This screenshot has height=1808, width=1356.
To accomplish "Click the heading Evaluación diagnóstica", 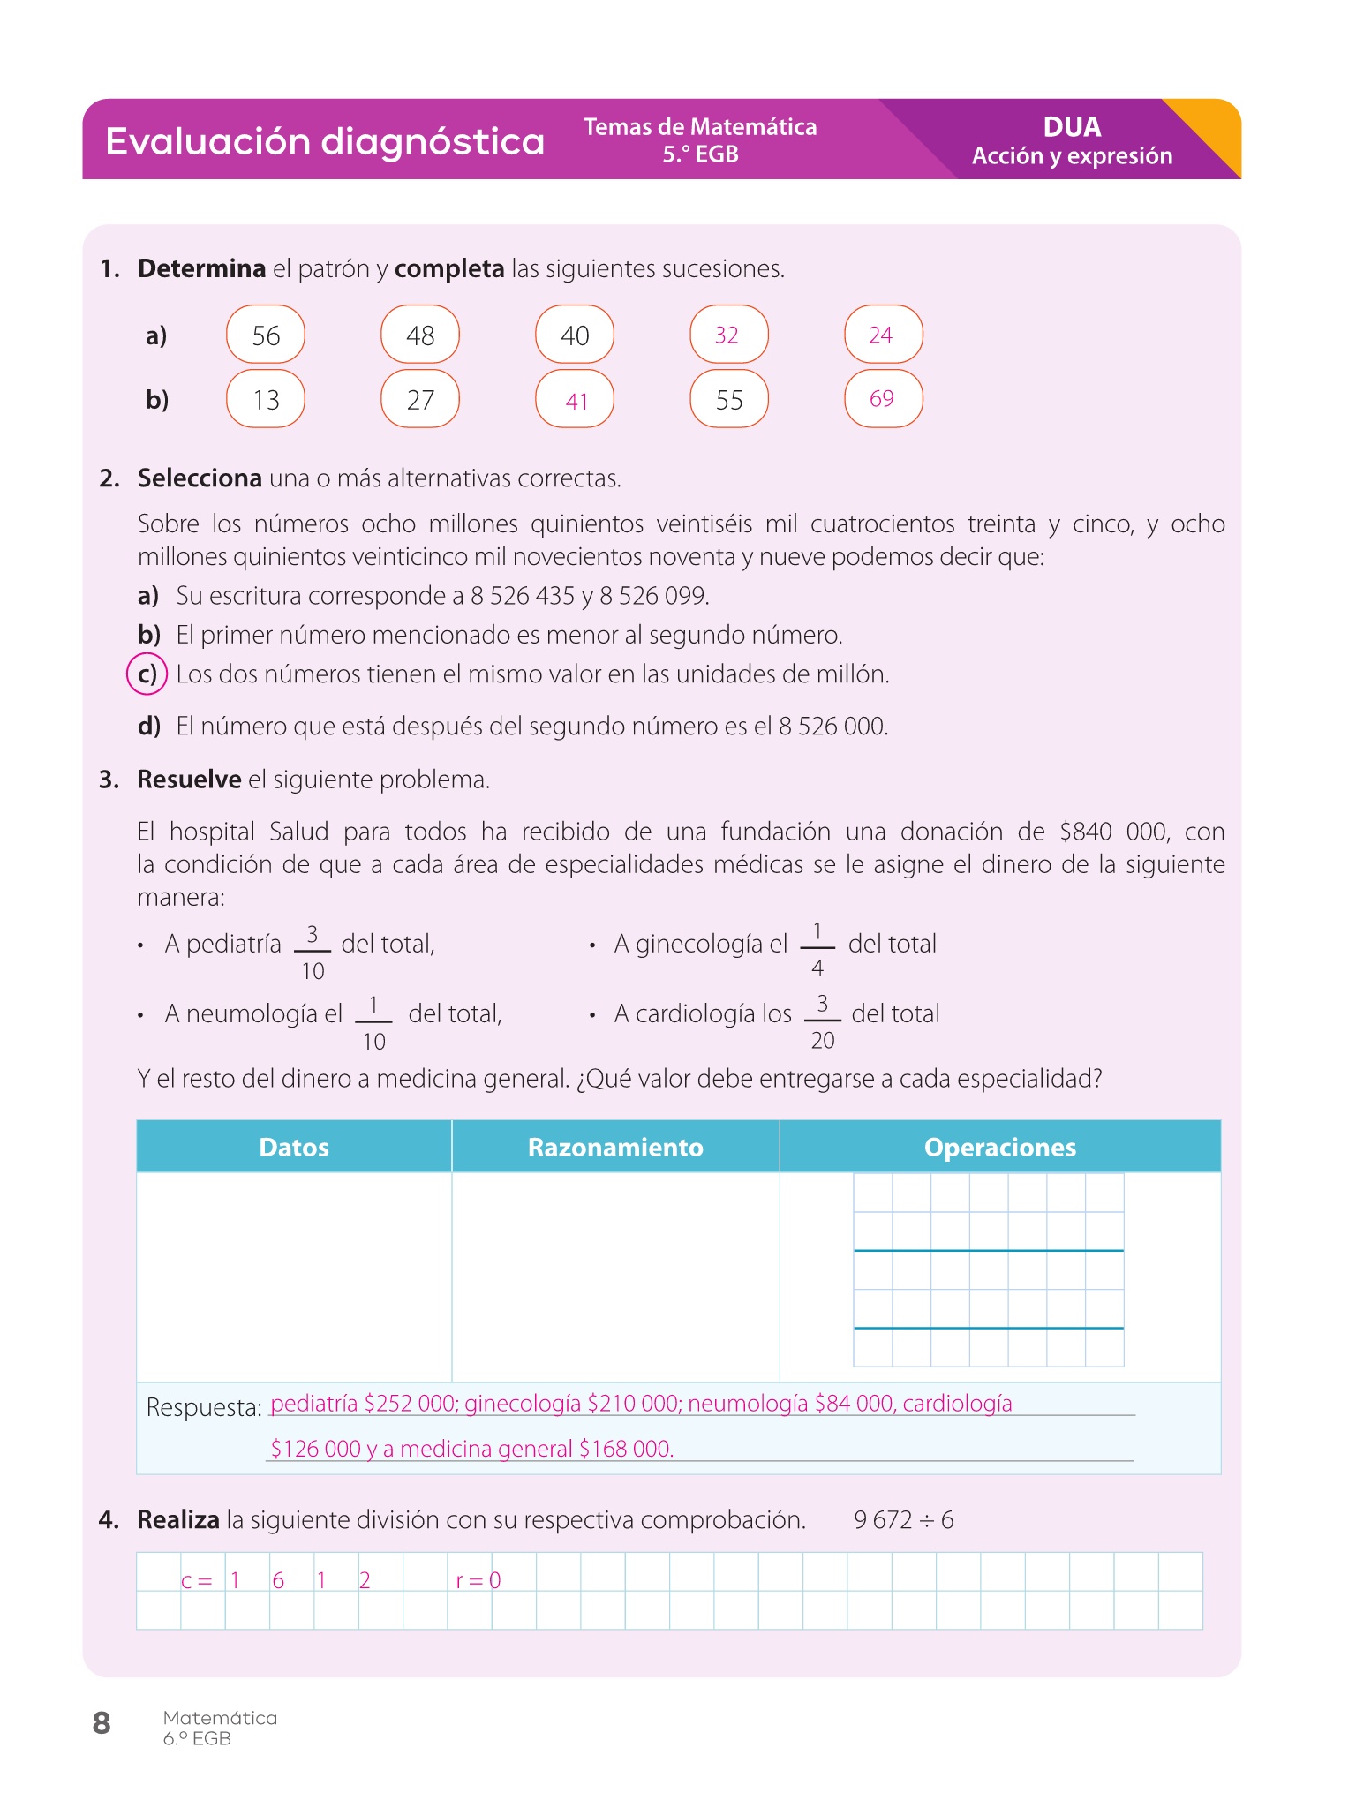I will point(324,141).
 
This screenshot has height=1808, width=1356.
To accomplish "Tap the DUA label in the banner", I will point(1072,127).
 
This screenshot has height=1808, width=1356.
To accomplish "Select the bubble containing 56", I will point(266,335).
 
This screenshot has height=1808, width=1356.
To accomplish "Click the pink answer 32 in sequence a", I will point(727,335).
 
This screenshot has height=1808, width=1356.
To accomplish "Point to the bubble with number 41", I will point(576,401).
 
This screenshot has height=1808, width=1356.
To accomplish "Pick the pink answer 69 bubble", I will point(882,399).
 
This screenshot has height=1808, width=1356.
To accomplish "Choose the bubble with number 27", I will point(420,400).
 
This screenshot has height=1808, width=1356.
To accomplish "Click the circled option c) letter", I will point(147,674).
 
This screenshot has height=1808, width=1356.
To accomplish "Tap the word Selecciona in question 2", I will point(200,478).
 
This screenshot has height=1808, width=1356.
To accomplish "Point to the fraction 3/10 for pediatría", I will point(313,953).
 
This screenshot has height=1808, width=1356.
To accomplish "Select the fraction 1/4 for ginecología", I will point(817,949).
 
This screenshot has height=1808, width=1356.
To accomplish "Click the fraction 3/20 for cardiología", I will point(823,1021).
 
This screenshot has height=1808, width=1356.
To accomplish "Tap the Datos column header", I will point(294,1147).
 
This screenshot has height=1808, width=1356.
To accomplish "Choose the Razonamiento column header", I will point(615,1147).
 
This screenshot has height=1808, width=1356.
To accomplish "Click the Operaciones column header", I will point(999,1147).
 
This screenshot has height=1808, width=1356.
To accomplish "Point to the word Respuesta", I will point(204,1407).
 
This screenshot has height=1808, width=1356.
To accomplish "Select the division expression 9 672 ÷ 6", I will point(904,1520).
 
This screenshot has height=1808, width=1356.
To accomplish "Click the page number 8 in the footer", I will point(102,1722).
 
